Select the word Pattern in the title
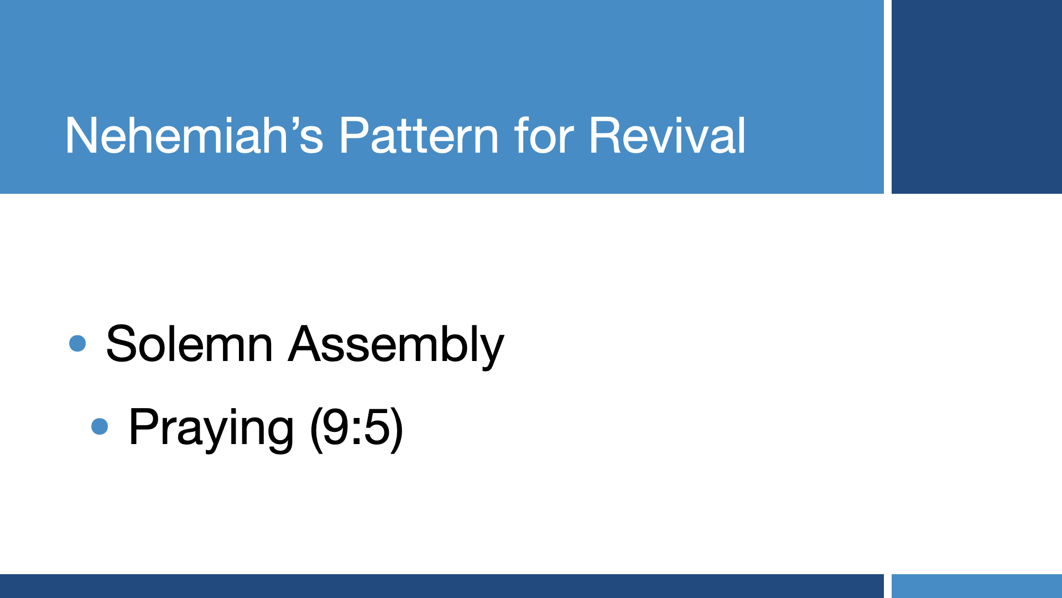(x=419, y=135)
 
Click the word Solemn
(x=189, y=344)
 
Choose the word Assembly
(x=396, y=346)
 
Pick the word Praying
(x=211, y=429)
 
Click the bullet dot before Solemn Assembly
(x=77, y=343)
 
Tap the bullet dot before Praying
(x=100, y=426)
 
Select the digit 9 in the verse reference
(x=336, y=427)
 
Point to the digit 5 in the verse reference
(x=377, y=427)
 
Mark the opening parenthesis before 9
(x=315, y=429)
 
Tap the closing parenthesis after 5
(x=397, y=429)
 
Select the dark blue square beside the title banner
(x=977, y=97)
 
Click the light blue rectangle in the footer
(x=977, y=586)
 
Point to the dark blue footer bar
(x=442, y=586)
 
